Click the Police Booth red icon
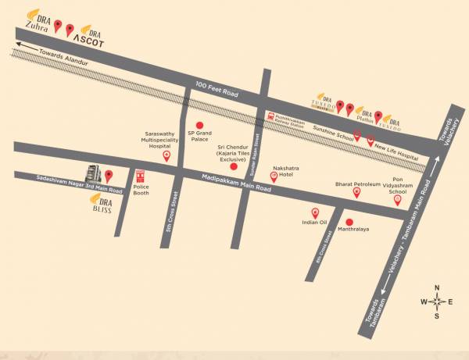pyautogui.click(x=141, y=176)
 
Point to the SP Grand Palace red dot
pyautogui.click(x=199, y=125)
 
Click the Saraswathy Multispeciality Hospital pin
pyautogui.click(x=166, y=155)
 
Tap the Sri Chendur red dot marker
pyautogui.click(x=234, y=166)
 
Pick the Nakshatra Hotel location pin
pyautogui.click(x=274, y=176)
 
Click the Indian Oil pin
pyautogui.click(x=316, y=212)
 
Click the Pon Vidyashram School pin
pyautogui.click(x=398, y=200)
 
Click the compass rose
pyautogui.click(x=438, y=301)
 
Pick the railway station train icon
pyautogui.click(x=271, y=116)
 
